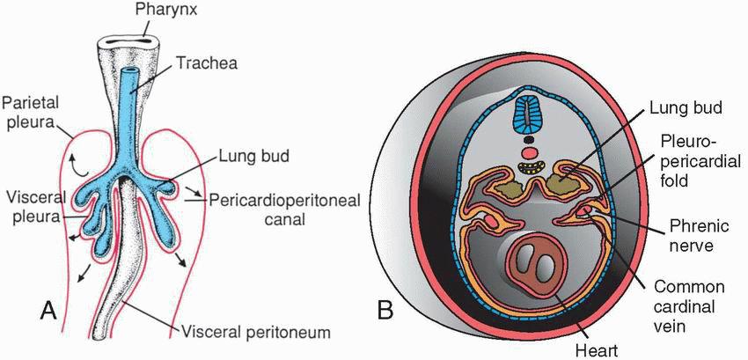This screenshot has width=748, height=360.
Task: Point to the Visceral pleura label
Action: tap(30, 203)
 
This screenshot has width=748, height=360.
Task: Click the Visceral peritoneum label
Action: tap(255, 333)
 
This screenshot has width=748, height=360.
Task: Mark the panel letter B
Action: tap(384, 310)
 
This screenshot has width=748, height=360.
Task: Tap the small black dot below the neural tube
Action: tap(528, 138)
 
